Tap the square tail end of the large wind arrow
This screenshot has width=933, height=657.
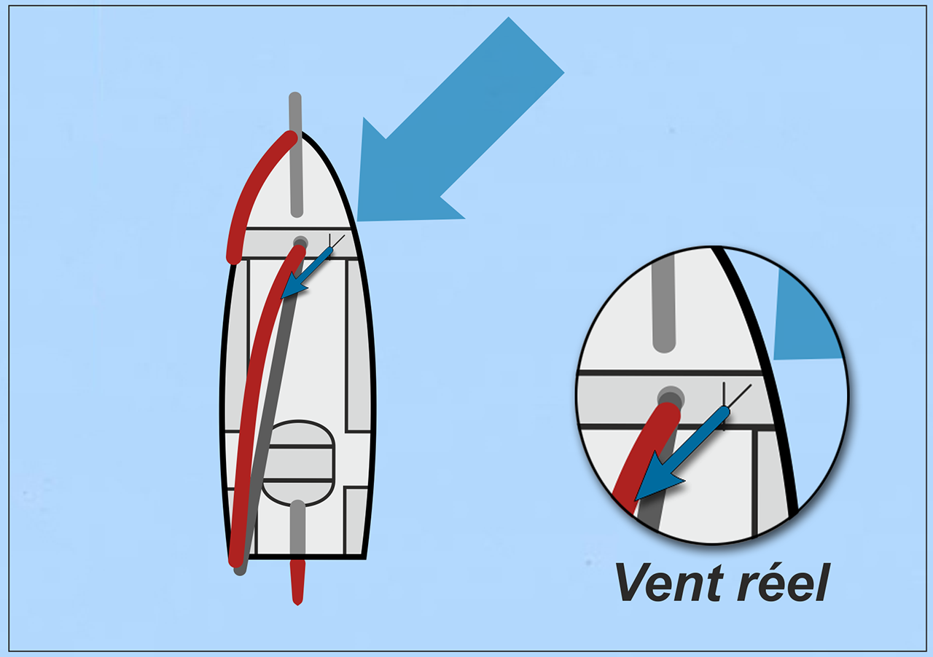click(x=536, y=45)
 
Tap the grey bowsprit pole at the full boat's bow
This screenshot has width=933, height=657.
click(x=296, y=154)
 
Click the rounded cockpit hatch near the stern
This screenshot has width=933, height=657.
click(x=298, y=463)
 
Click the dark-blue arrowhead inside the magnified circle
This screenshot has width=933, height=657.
click(x=657, y=479)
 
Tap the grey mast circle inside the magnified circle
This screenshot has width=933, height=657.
click(x=671, y=398)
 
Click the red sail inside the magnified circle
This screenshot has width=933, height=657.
click(x=648, y=454)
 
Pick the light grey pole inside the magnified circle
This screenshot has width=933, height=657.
click(x=664, y=302)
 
